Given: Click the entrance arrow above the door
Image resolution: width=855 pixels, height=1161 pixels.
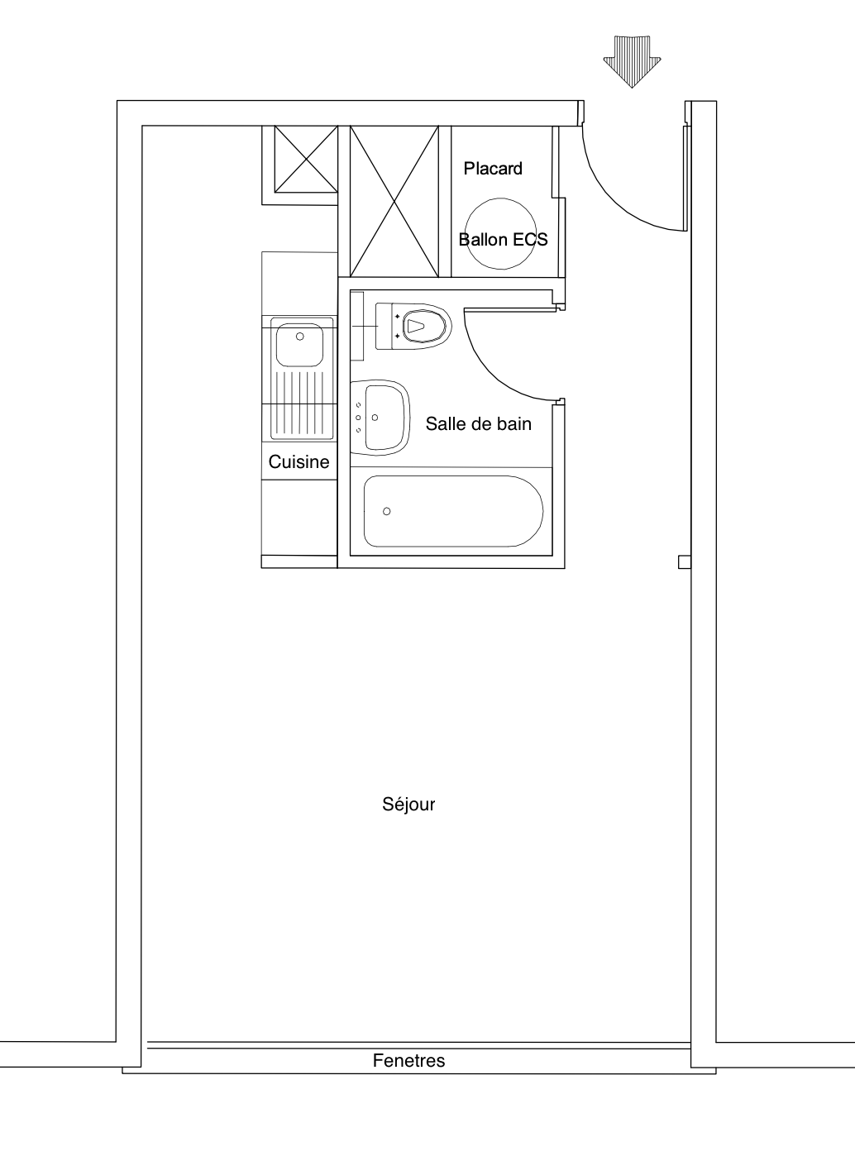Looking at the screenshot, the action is pos(633,62).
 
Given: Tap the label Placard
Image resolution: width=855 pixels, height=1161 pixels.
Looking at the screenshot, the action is pos(493,169).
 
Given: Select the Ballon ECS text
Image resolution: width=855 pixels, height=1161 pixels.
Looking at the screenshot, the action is pos(503,240).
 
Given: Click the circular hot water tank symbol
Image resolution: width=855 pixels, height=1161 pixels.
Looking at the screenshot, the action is pos(500,198).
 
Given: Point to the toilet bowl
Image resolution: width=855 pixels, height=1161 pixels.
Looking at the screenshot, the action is pos(424,327).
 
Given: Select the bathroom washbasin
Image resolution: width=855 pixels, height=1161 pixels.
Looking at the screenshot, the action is pos(380,418).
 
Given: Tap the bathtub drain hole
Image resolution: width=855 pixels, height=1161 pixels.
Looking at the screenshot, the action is pos(386,512).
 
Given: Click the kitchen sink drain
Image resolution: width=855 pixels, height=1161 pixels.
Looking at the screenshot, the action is pos(299,337).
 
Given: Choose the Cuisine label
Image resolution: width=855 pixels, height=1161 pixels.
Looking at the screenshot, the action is pos(299,461).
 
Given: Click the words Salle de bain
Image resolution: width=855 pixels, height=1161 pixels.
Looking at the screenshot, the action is pos(478,424).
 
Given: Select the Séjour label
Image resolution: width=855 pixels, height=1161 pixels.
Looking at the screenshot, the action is pos(408,805).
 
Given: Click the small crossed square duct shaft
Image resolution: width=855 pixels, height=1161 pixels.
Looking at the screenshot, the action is pos(306,159).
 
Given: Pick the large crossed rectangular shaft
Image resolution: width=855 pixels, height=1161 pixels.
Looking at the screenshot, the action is pos(394,201).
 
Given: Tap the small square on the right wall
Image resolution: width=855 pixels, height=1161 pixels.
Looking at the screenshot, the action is pos(685,561).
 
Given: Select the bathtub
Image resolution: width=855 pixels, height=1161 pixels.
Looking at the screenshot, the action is pos(453,512).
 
